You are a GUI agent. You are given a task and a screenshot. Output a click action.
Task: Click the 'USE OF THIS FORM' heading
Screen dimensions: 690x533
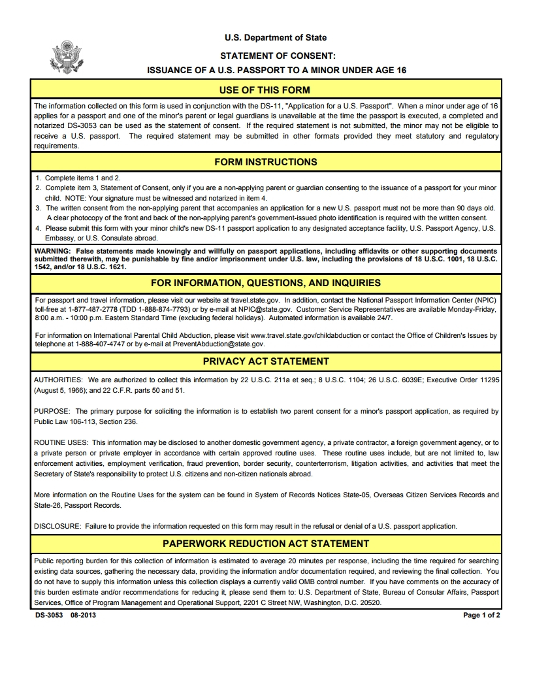pyautogui.click(x=265, y=90)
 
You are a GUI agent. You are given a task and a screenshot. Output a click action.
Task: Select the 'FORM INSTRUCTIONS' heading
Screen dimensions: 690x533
pyautogui.click(x=266, y=162)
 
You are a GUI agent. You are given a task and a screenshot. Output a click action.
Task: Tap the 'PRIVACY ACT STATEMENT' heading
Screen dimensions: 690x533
pyautogui.click(x=266, y=361)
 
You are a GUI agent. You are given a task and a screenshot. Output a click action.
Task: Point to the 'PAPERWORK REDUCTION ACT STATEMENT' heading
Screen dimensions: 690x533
pyautogui.click(x=266, y=544)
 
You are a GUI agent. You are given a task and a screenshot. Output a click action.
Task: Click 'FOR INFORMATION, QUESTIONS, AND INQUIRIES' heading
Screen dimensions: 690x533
pyautogui.click(x=266, y=283)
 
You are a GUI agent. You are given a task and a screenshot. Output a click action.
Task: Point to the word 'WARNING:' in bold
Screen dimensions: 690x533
pyautogui.click(x=53, y=251)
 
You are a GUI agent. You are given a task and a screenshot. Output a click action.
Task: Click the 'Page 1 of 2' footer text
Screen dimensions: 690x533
pyautogui.click(x=481, y=615)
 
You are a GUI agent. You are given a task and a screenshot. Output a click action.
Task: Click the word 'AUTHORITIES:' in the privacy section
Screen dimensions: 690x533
pyautogui.click(x=58, y=380)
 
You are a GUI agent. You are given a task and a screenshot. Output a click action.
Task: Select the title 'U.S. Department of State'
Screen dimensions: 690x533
pyautogui.click(x=276, y=38)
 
